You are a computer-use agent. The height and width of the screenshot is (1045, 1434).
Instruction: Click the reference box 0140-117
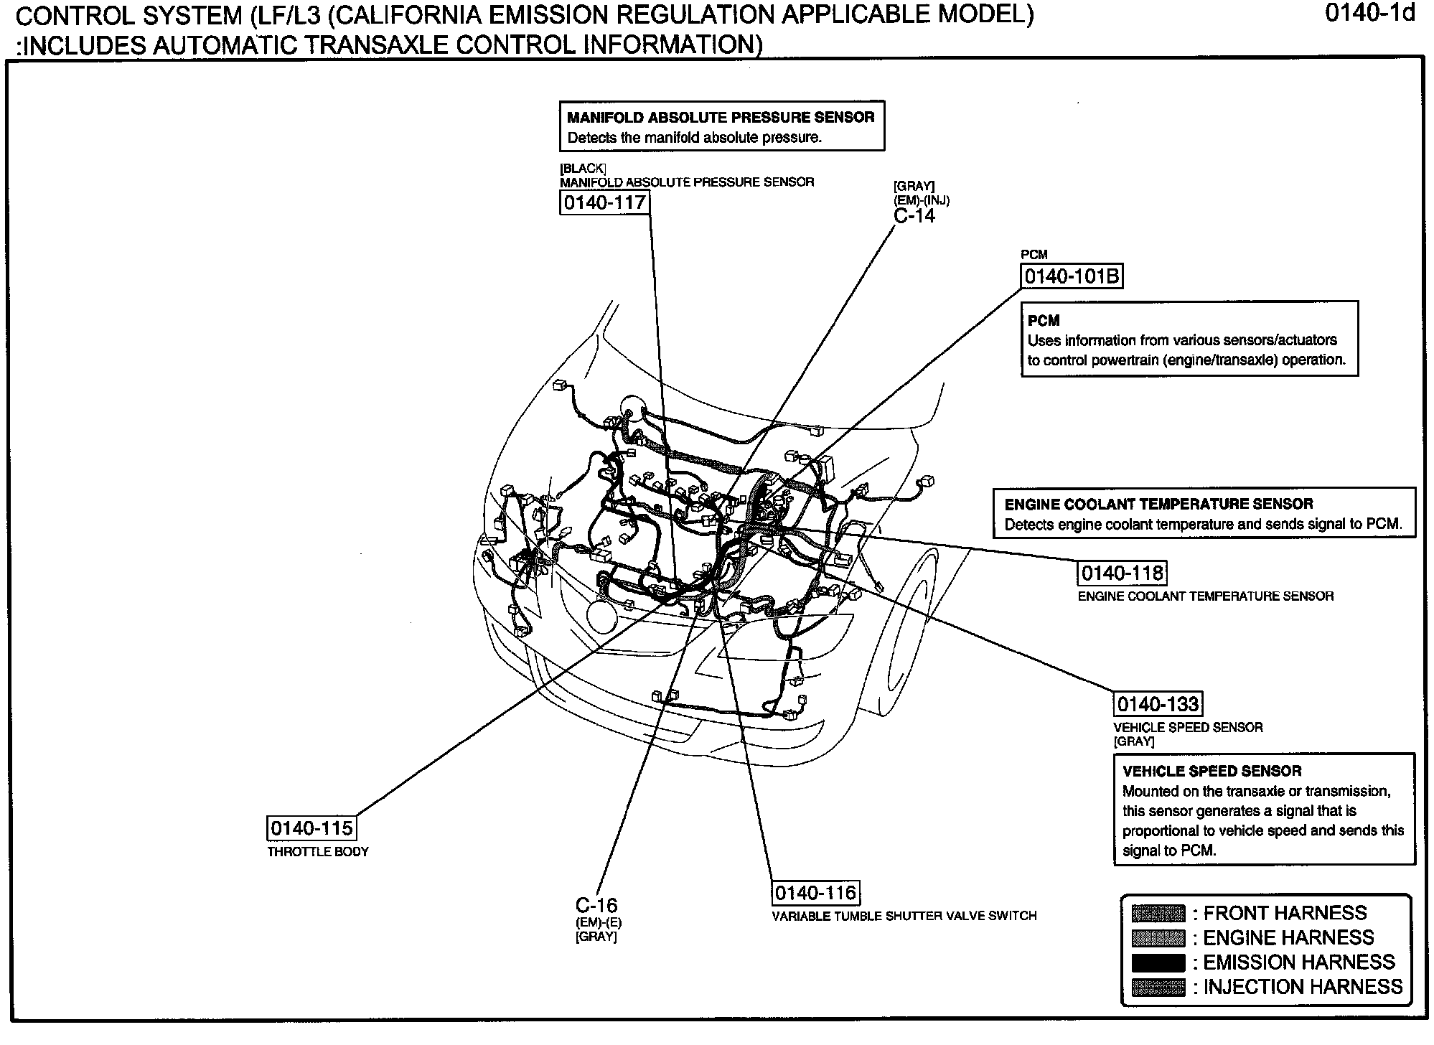tap(604, 202)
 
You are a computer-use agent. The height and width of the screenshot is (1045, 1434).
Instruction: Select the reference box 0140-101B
tap(1071, 276)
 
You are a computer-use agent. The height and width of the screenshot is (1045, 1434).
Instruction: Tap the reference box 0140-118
tap(1122, 573)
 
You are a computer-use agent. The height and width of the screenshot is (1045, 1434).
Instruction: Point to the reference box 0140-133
tap(1158, 703)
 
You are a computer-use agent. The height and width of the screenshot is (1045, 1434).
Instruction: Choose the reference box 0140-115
tap(311, 828)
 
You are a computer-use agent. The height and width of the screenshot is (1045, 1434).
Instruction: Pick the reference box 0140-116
tap(815, 893)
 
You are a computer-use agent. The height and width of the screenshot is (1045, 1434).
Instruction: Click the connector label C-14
tap(914, 216)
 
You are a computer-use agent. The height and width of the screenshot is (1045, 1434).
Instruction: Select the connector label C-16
tap(596, 905)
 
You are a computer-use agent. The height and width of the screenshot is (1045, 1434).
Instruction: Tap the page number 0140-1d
tap(1369, 14)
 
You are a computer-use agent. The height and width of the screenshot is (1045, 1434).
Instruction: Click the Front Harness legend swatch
tap(1158, 914)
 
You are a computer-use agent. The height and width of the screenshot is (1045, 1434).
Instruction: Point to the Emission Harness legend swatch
tap(1158, 962)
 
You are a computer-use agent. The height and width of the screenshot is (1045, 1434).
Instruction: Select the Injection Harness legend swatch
tap(1158, 988)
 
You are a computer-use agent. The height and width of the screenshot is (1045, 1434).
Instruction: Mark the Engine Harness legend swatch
tap(1158, 938)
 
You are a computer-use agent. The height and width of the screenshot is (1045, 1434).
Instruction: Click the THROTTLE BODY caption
tap(318, 852)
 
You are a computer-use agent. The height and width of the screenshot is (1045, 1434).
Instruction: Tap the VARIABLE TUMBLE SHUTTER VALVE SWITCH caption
tap(904, 916)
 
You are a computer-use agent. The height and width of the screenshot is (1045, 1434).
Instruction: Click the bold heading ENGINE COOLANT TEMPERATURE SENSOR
tap(1158, 504)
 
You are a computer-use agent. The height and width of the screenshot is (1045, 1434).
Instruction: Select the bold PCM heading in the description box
tap(1044, 321)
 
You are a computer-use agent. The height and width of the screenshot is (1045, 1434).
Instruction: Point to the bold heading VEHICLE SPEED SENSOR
tap(1212, 771)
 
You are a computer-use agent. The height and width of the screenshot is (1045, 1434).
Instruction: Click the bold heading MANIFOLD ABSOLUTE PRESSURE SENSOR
tap(721, 117)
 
